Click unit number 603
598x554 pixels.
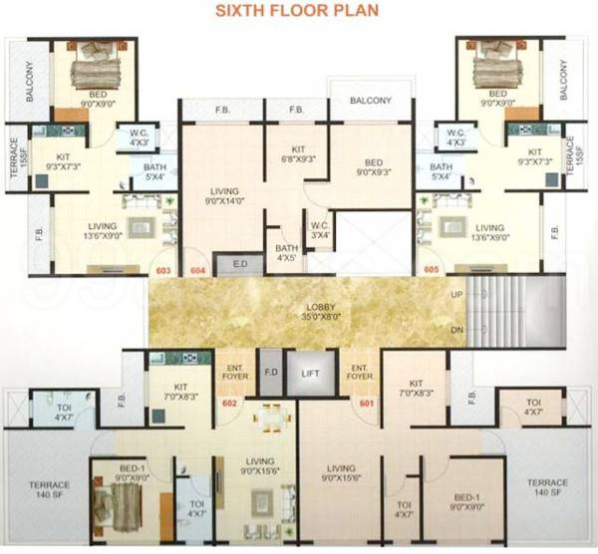pos(164,269)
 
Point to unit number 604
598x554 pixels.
pos(197,269)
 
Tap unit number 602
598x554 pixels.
pos(228,404)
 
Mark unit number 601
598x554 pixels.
pos(367,404)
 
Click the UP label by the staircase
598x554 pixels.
pos(457,296)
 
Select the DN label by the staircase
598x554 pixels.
pos(457,329)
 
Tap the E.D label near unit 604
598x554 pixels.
pos(241,263)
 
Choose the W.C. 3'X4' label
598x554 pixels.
pos(320,229)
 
